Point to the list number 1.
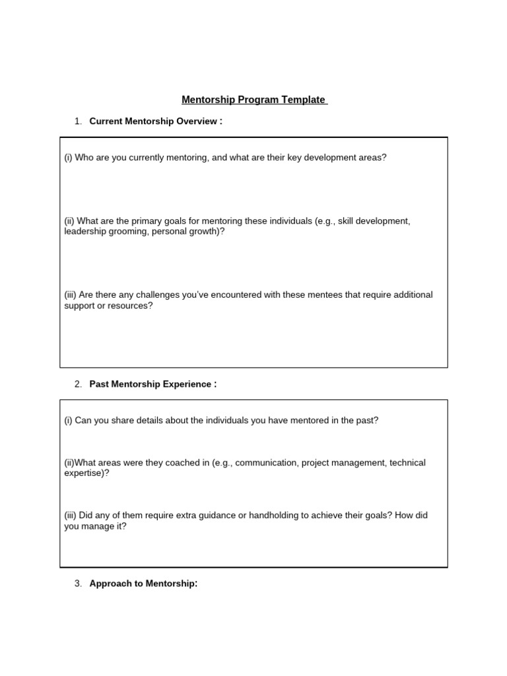click(x=77, y=121)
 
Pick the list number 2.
click(x=77, y=384)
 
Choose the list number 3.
click(x=77, y=584)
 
